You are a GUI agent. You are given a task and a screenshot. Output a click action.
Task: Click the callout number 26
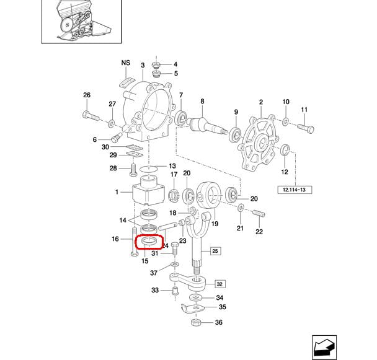[87, 95]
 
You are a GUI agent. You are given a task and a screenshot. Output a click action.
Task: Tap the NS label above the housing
[126, 63]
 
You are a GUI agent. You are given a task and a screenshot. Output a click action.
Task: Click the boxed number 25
[215, 251]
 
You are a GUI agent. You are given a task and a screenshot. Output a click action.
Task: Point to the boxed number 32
[219, 284]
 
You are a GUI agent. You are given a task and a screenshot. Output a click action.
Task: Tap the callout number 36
[218, 322]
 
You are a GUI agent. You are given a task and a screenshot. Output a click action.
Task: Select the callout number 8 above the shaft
[202, 100]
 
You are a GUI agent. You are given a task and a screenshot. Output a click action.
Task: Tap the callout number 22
[259, 232]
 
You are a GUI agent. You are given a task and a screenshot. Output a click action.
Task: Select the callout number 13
[172, 166]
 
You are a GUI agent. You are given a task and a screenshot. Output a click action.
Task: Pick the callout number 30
[105, 147]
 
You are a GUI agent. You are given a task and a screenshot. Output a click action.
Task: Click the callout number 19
[216, 224]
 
